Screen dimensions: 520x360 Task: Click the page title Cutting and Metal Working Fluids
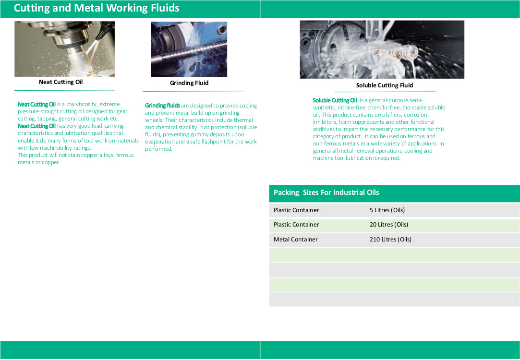pyautogui.click(x=97, y=8)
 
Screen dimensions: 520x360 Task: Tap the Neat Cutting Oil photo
pyautogui.click(x=65, y=49)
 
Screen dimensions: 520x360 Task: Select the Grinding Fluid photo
pyautogui.click(x=189, y=49)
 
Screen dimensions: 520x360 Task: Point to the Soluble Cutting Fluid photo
pyautogui.click(x=382, y=49)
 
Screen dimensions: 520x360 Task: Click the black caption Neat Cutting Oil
pyautogui.click(x=60, y=82)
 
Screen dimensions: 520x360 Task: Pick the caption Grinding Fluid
pyautogui.click(x=189, y=83)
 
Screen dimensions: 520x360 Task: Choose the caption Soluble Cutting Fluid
pyautogui.click(x=385, y=85)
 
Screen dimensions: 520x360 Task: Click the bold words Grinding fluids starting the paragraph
pyautogui.click(x=162, y=106)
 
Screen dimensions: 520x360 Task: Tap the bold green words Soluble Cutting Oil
pyautogui.click(x=335, y=100)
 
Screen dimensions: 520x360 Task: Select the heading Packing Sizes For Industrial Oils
pyautogui.click(x=327, y=192)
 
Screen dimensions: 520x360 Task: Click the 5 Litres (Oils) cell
pyautogui.click(x=387, y=210)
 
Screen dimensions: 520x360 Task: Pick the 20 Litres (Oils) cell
pyautogui.click(x=389, y=225)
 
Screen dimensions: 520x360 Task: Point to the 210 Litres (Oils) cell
pyautogui.click(x=391, y=240)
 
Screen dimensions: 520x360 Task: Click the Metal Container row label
pyautogui.click(x=295, y=240)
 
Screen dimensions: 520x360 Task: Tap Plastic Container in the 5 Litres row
pyautogui.click(x=296, y=210)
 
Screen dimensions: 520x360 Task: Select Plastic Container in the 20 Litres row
pyautogui.click(x=296, y=225)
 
